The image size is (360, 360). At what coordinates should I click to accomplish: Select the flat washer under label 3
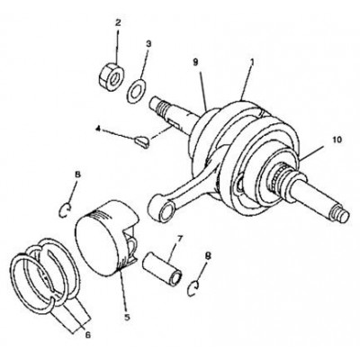click(x=136, y=91)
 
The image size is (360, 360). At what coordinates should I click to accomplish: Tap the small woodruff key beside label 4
click(x=141, y=142)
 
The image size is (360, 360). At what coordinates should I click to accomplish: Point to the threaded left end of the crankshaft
click(x=157, y=106)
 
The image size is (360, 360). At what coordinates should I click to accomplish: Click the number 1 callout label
click(x=252, y=62)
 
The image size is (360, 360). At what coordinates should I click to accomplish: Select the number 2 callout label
click(x=118, y=22)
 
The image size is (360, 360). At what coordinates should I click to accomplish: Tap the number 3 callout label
click(x=148, y=44)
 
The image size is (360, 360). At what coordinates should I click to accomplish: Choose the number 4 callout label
click(x=97, y=129)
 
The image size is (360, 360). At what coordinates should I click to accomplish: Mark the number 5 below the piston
click(x=127, y=317)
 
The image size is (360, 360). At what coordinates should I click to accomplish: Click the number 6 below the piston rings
click(x=87, y=335)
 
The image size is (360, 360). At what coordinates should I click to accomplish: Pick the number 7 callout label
click(x=179, y=238)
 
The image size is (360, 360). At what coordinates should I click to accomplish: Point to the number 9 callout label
click(x=195, y=62)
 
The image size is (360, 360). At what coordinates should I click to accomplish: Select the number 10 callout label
click(x=337, y=139)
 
